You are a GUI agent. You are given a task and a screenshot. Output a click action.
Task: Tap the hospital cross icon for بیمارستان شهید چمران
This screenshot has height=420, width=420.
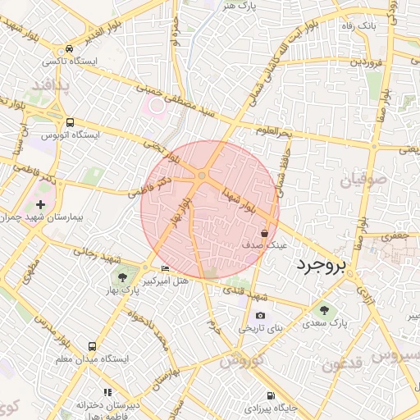pyautogui.click(x=41, y=203)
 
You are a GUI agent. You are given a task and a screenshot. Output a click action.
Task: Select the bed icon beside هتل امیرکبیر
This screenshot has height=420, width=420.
pyautogui.click(x=166, y=268)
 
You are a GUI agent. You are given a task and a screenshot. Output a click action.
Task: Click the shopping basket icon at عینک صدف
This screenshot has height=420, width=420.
pyautogui.click(x=263, y=233)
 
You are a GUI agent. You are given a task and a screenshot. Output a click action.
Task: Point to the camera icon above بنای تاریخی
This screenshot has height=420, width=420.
pyautogui.click(x=260, y=315)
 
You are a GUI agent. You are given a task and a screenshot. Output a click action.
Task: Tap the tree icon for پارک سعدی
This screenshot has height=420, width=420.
pyautogui.click(x=324, y=309)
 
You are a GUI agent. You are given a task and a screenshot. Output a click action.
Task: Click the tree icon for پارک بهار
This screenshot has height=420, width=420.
pyautogui.click(x=123, y=277)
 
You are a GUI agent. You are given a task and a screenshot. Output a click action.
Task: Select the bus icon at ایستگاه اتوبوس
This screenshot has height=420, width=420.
pyautogui.click(x=70, y=120)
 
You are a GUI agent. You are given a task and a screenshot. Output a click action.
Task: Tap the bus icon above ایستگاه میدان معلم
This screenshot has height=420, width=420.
pyautogui.click(x=92, y=346)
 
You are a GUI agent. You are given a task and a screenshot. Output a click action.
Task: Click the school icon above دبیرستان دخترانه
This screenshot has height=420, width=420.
pyautogui.click(x=106, y=393)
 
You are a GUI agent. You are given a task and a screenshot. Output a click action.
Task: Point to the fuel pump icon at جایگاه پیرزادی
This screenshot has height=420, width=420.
pyautogui.click(x=249, y=406)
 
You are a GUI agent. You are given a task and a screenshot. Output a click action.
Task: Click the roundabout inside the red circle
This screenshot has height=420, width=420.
pyautogui.click(x=202, y=176)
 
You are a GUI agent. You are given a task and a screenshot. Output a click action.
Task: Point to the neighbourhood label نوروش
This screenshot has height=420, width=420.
pyautogui.click(x=240, y=360)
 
